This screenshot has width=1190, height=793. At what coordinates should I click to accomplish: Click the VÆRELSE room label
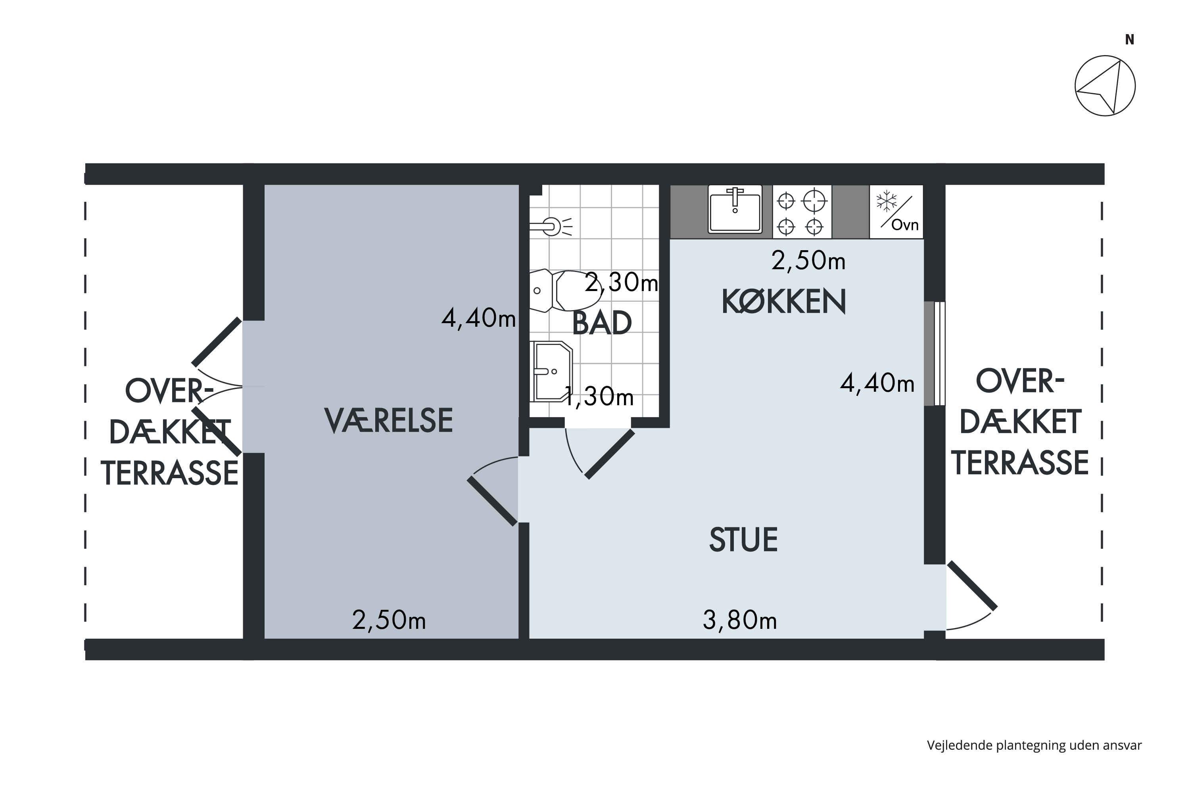(389, 420)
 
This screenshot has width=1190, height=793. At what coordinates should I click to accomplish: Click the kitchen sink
(735, 209)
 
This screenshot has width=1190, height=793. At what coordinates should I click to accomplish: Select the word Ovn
(905, 224)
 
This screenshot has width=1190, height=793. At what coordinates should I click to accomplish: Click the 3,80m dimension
(740, 621)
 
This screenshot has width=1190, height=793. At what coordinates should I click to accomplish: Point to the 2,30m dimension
(621, 282)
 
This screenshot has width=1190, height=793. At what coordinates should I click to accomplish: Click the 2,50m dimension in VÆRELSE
(389, 621)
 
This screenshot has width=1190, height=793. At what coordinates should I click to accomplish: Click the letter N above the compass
(1130, 39)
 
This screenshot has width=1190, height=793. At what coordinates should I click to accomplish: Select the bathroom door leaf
(610, 454)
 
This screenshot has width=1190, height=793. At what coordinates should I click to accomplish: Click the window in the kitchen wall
(935, 354)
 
